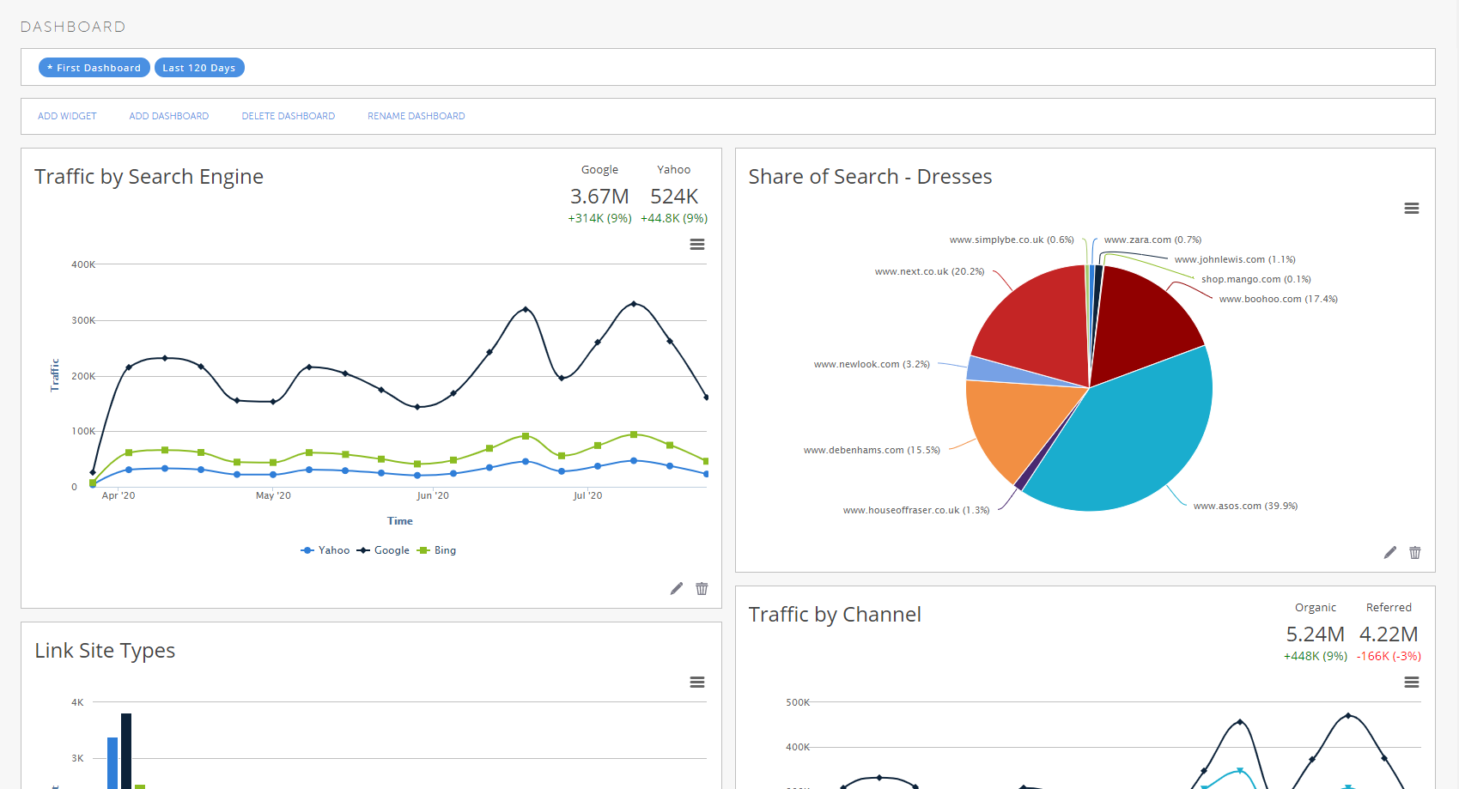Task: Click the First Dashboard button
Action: [x=94, y=68]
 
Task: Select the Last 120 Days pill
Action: [x=199, y=68]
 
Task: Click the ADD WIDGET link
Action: [x=67, y=116]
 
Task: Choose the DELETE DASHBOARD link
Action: [x=288, y=116]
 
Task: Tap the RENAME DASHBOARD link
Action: [x=416, y=116]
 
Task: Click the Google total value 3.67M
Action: [x=599, y=197]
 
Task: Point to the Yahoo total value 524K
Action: [x=674, y=197]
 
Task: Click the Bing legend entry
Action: [x=437, y=550]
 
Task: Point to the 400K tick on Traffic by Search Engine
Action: [x=83, y=264]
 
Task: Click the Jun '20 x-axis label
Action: [x=432, y=495]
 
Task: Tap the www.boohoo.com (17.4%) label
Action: [x=1278, y=299]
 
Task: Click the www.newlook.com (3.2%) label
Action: [x=872, y=364]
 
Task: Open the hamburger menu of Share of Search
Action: [x=1411, y=209]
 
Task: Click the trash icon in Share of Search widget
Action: [x=1414, y=553]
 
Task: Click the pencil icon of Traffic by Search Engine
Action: [x=677, y=588]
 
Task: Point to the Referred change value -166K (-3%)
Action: [x=1389, y=656]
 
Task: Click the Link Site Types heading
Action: [x=105, y=651]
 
